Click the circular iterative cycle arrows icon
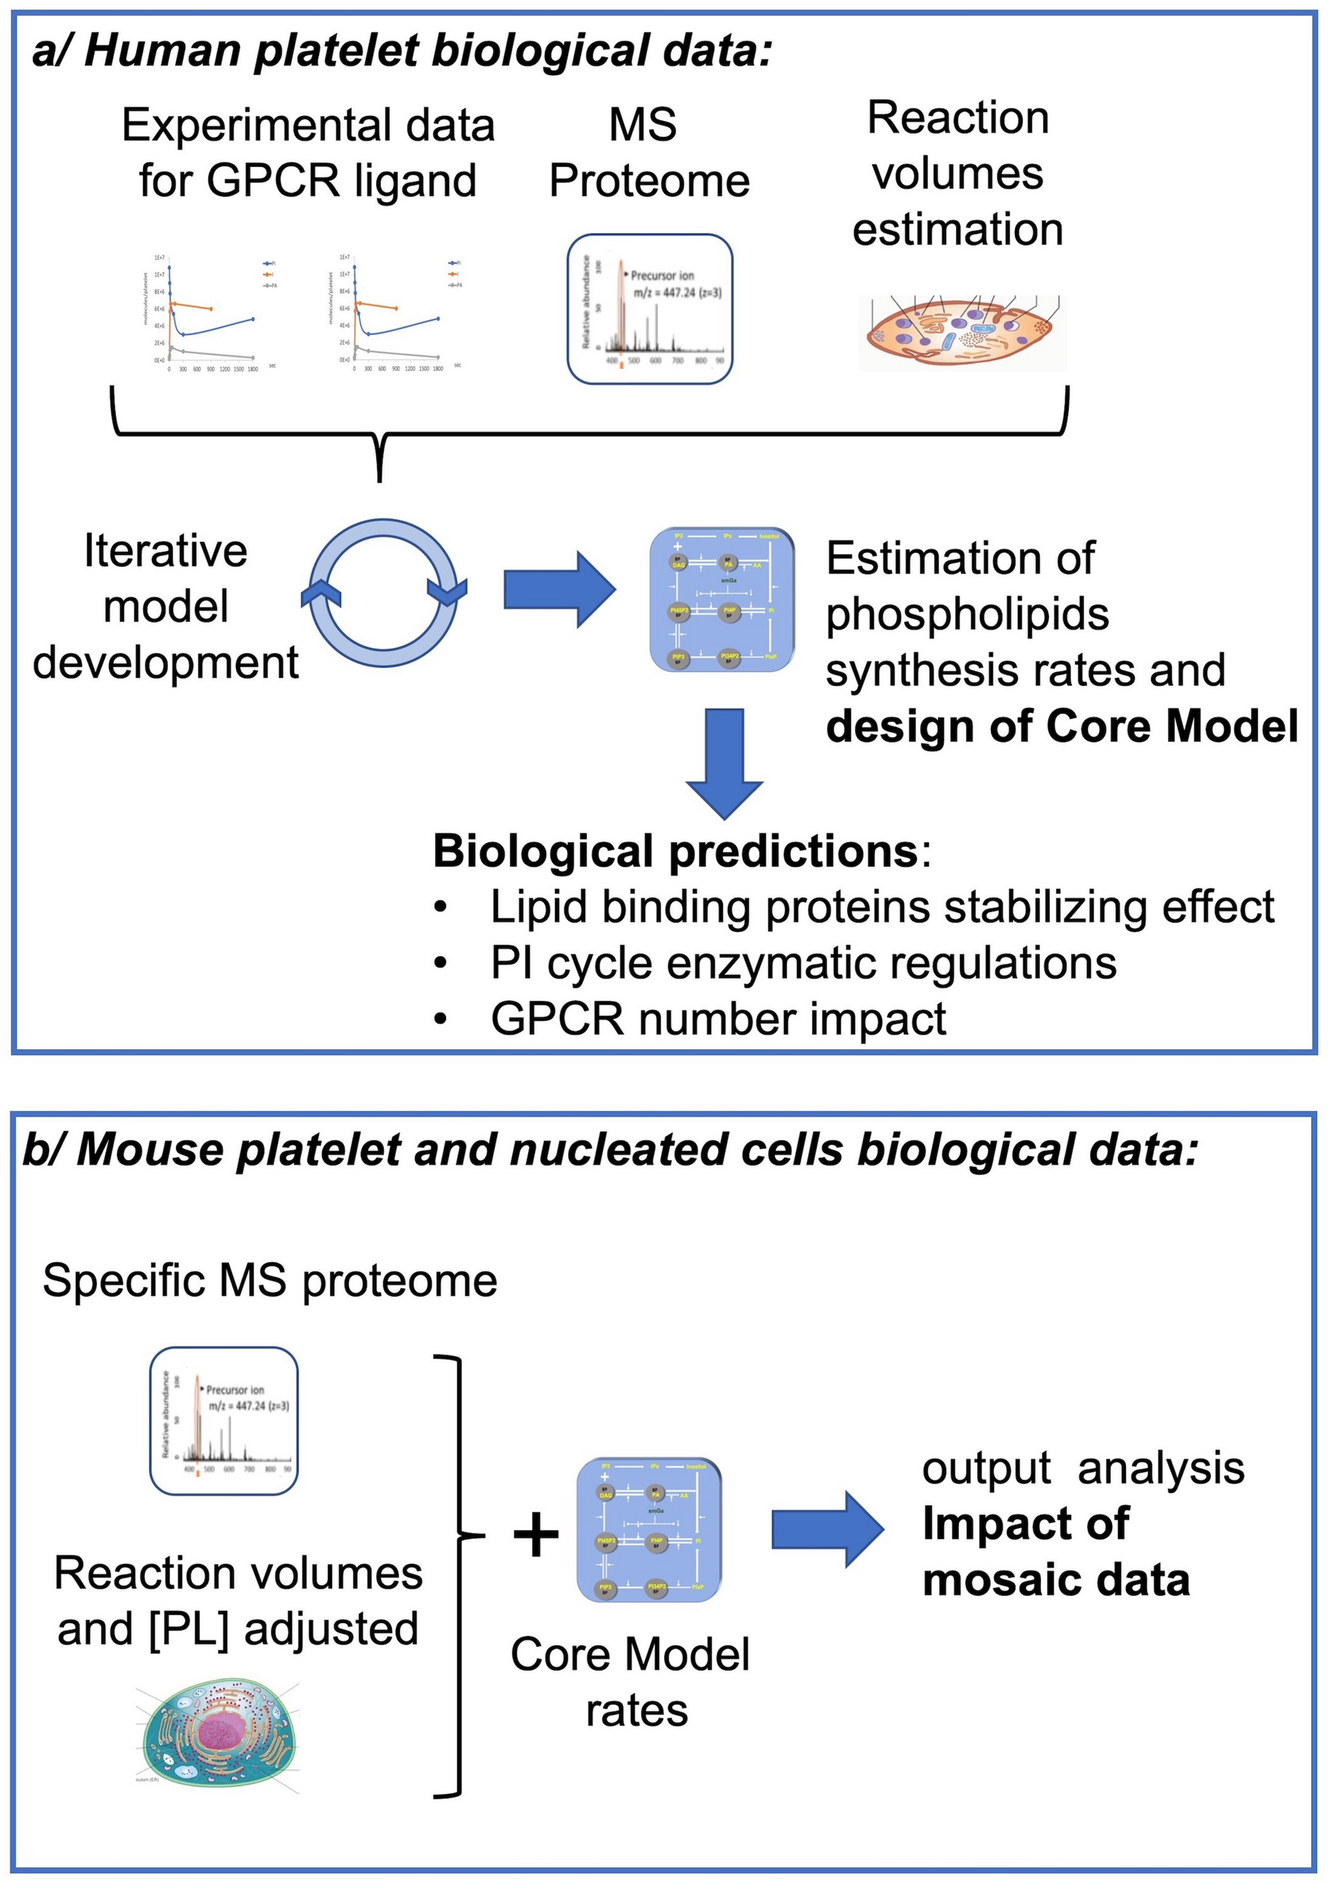384,593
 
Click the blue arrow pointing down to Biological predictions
724,763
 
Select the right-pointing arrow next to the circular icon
559,590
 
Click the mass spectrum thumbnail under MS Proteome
650,309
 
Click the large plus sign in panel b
536,1535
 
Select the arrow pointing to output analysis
827,1529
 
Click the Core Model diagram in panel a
722,600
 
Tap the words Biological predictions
674,852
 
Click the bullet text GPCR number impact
718,1019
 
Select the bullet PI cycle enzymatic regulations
803,963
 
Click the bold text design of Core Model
1062,727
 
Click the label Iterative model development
165,606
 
